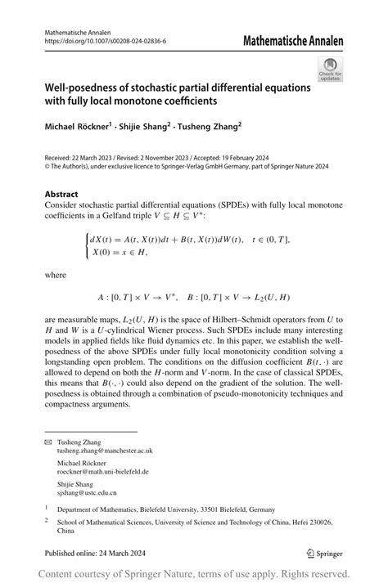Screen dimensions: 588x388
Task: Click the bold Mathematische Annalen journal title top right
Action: click(293, 41)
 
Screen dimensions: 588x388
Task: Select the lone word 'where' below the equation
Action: click(56, 276)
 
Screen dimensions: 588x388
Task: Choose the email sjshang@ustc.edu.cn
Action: click(87, 493)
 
